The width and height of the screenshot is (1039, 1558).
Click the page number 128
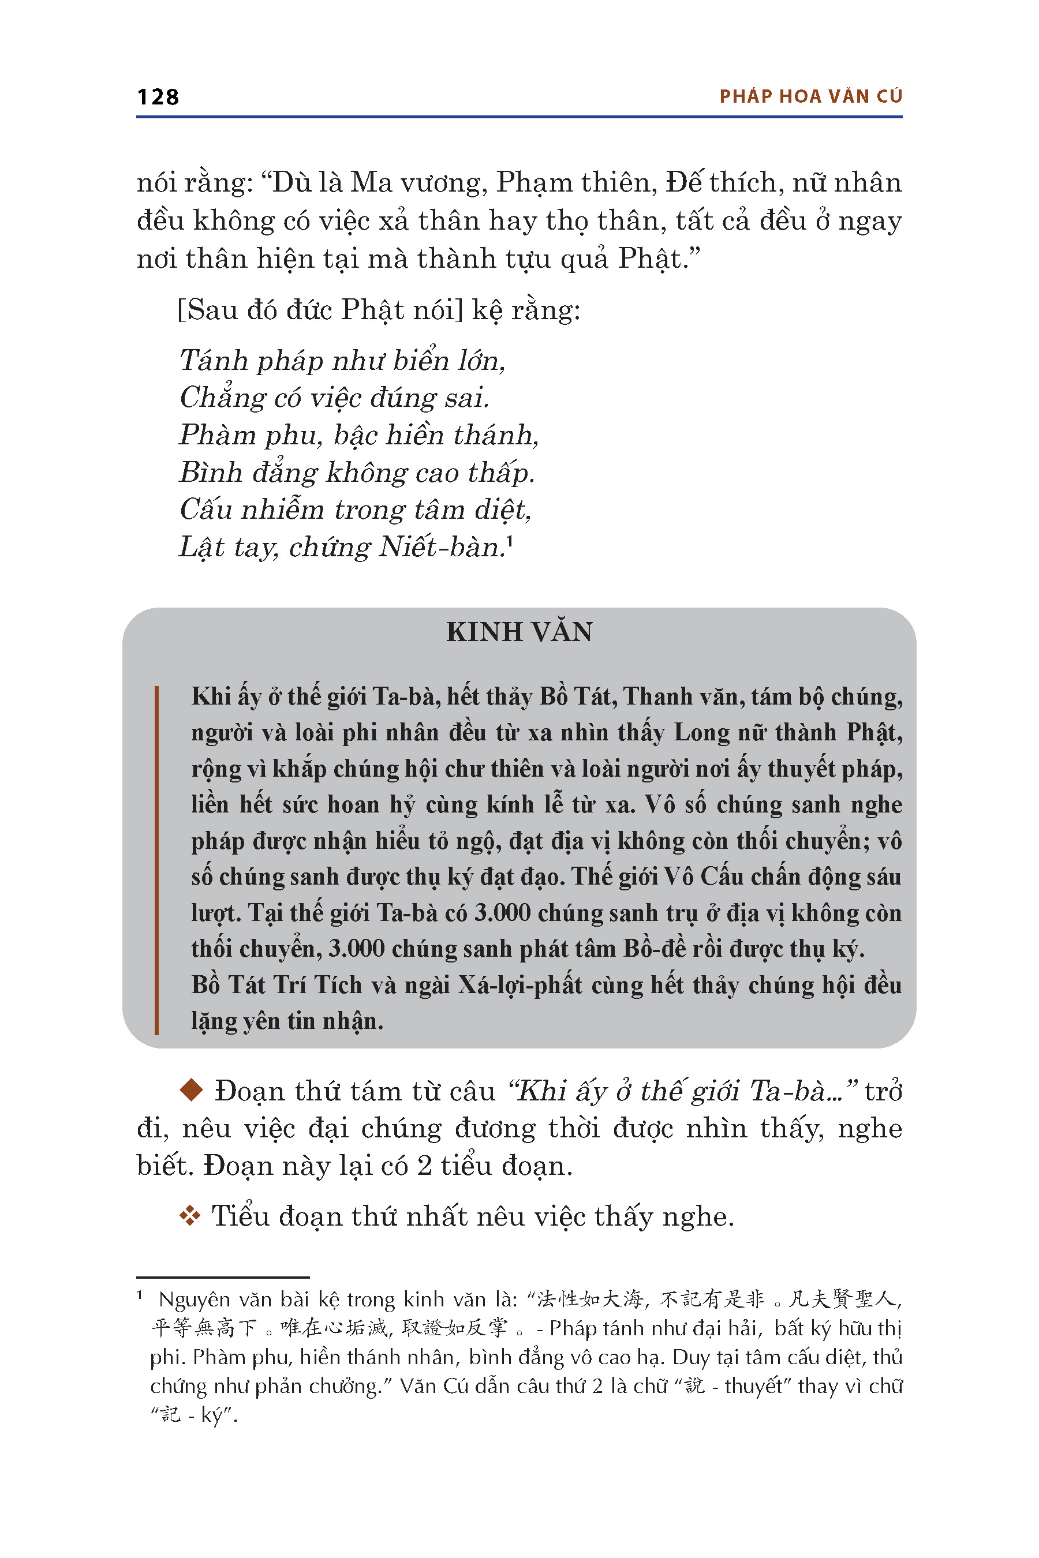point(158,98)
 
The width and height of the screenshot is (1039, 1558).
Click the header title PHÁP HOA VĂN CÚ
point(810,97)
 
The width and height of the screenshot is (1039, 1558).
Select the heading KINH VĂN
point(519,632)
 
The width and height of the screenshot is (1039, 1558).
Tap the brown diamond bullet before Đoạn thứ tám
point(192,1091)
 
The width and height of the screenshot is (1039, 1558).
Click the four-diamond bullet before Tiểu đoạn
point(190,1216)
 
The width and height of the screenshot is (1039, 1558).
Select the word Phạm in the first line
point(534,183)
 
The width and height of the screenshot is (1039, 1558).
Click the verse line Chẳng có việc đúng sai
point(334,398)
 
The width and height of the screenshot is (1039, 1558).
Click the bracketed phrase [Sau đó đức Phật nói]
point(320,310)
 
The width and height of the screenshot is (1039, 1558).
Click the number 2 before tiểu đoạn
point(425,1166)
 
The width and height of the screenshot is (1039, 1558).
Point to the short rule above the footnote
point(223,1277)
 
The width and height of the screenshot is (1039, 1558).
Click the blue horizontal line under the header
point(519,117)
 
